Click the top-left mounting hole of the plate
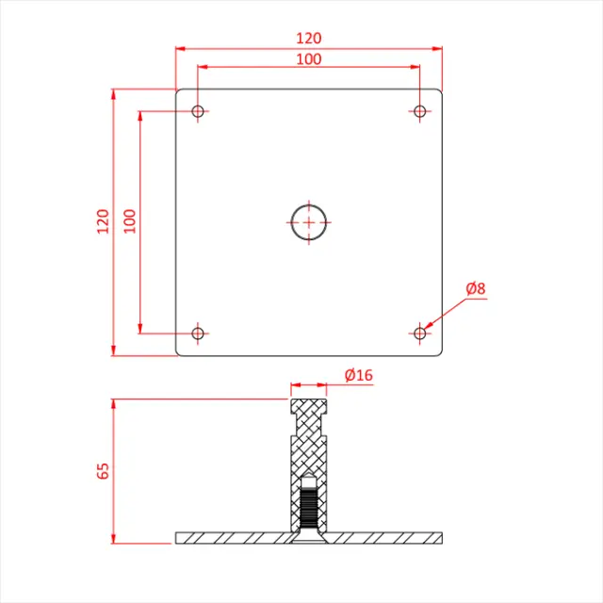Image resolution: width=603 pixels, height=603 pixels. click(x=198, y=112)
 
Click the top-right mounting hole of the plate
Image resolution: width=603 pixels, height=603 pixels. click(x=420, y=112)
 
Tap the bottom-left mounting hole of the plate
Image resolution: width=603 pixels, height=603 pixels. click(x=198, y=333)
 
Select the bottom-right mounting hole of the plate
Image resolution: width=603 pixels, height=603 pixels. click(x=420, y=333)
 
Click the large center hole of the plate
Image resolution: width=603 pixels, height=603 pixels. click(x=308, y=222)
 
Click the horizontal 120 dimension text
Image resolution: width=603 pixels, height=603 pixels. click(x=308, y=38)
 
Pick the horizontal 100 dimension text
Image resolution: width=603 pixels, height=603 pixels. click(x=308, y=59)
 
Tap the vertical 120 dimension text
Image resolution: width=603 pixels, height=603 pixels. click(x=103, y=222)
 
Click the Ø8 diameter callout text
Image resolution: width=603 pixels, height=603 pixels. click(x=476, y=289)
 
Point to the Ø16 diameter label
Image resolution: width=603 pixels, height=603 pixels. click(x=359, y=375)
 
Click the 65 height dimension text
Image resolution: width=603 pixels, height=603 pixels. click(x=103, y=470)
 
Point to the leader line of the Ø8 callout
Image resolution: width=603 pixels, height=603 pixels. click(x=447, y=311)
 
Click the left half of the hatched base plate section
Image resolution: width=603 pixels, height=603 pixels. click(x=232, y=538)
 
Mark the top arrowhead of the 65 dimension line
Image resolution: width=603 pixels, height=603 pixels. click(x=114, y=403)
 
